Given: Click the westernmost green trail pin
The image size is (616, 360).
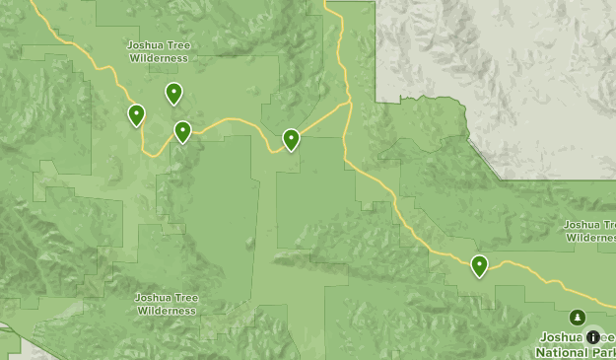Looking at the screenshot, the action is tap(136, 115).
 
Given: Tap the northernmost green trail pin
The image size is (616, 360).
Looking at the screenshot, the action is tap(173, 93).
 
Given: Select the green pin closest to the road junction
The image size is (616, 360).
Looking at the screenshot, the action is tap(292, 139).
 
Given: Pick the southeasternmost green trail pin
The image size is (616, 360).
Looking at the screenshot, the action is tap(479, 265).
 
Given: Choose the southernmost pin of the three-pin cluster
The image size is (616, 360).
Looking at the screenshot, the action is tap(182, 131).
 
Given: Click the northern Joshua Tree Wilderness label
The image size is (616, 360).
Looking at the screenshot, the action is tap(158, 51).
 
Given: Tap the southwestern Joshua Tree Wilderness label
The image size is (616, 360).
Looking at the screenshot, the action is tap(166, 304).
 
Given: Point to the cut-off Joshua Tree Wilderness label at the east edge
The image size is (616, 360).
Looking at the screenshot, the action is tap(590, 230).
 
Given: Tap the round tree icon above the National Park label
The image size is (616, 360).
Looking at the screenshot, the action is tap(578, 317).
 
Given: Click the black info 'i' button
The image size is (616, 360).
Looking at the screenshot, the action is tap(592, 336).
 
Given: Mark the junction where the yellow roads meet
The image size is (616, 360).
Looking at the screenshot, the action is tap(348, 102).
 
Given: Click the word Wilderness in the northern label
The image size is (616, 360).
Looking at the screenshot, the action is tap(158, 57).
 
